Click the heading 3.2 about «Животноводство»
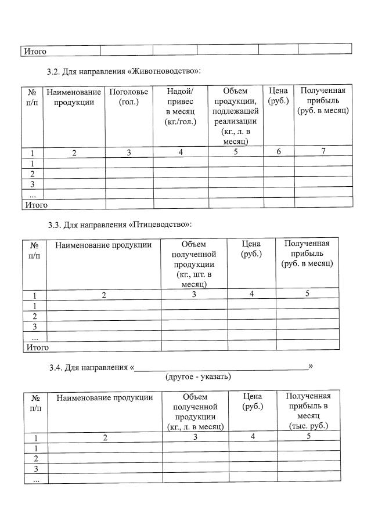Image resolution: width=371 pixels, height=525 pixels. point(125,71)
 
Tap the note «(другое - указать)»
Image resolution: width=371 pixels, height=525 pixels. point(199,376)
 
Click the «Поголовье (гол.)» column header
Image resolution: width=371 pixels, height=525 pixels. point(129,96)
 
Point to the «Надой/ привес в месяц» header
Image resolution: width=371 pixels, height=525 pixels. point(181,106)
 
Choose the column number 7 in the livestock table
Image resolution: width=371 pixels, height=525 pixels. point(323,151)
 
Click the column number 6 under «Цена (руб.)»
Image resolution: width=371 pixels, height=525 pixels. point(279,151)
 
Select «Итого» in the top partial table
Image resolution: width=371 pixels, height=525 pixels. point(35,51)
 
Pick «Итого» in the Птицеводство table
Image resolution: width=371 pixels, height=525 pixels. point(36,347)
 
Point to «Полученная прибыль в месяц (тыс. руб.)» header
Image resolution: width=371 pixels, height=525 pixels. point(308,410)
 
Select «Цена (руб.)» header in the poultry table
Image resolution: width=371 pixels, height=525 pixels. point(251,249)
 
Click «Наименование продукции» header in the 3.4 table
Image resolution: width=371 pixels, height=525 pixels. point(105,397)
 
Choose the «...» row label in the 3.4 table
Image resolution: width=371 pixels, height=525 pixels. point(36,480)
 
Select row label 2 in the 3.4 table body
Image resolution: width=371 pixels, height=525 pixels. point(36,458)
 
